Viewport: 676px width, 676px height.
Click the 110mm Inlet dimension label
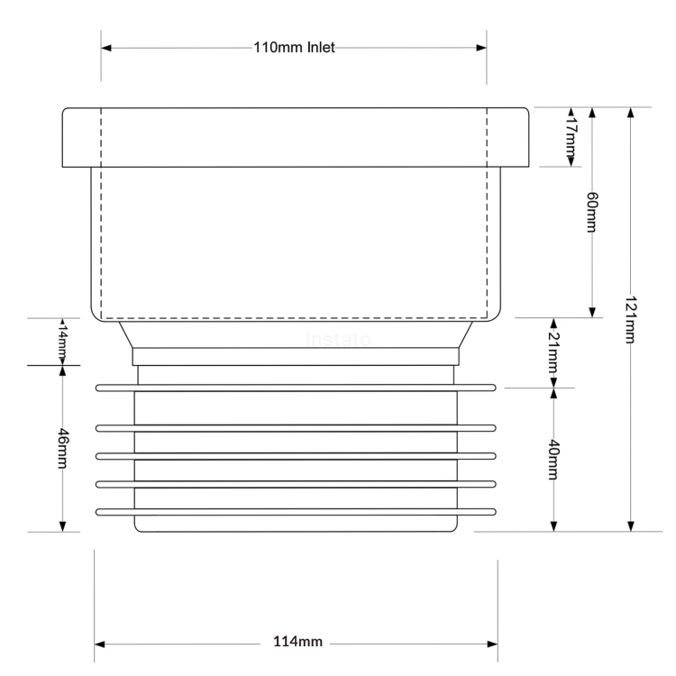[294, 48]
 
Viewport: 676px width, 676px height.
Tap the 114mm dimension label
[297, 643]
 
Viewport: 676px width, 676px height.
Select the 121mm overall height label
[630, 322]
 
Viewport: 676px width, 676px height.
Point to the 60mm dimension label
[591, 213]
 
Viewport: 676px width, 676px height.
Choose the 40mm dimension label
[553, 460]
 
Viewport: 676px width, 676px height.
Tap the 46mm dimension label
[62, 447]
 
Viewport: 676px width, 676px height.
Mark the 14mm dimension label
[62, 341]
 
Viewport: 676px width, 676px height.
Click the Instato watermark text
[339, 341]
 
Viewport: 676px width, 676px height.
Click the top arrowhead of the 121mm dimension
[631, 113]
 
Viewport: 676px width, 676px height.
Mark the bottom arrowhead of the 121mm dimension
[631, 525]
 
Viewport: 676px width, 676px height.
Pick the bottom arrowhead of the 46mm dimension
[62, 525]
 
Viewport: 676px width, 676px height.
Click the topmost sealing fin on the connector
[296, 388]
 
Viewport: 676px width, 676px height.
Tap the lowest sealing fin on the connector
[296, 513]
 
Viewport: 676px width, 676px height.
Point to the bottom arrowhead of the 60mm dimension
[592, 311]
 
